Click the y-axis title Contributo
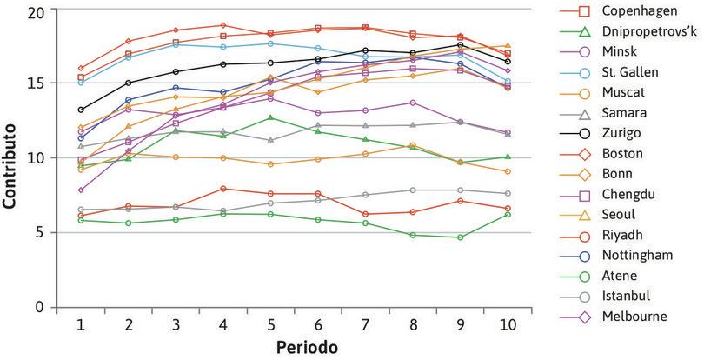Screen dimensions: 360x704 11,157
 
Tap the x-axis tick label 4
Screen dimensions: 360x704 224,323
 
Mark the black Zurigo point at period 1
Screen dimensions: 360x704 81,110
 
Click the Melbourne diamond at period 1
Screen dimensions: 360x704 81,190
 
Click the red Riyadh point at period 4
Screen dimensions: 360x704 223,189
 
